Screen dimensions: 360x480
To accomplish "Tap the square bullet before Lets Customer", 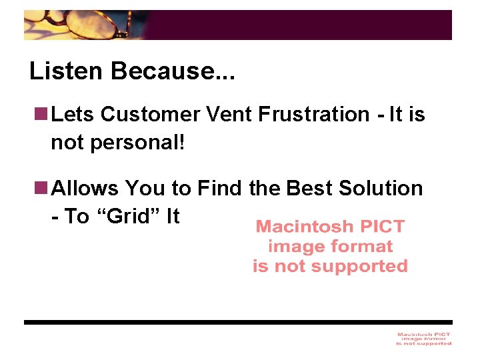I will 42,115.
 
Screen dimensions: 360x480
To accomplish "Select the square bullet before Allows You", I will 42,189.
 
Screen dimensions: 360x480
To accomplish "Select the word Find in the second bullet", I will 219,189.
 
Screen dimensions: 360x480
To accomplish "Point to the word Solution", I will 381,189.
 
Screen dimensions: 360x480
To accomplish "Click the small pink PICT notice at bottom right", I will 423,339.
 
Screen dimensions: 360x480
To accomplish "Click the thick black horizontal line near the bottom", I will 238,322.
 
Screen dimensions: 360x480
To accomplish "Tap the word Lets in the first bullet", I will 73,115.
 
